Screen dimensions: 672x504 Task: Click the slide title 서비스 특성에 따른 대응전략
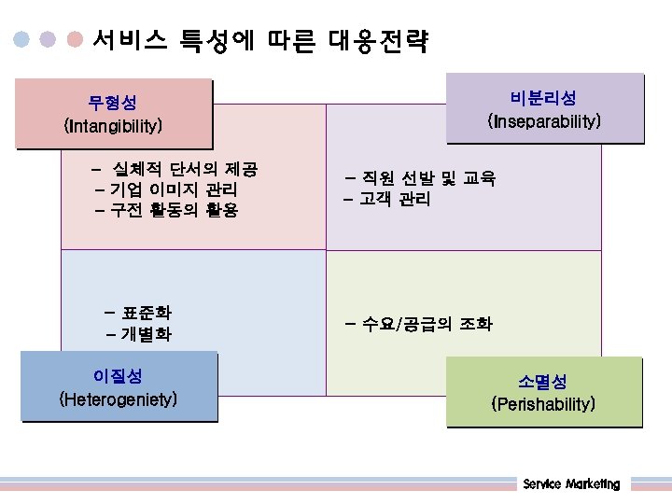pos(260,40)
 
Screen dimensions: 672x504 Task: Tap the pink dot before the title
pos(77,40)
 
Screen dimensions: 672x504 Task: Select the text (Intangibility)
pos(113,124)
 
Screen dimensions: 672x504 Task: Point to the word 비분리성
pos(544,98)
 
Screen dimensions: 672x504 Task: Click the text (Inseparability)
pos(544,121)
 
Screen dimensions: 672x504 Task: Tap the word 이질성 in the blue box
pos(119,376)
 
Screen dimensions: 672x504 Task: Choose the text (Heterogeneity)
pos(119,399)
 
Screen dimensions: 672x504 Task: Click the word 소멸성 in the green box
pos(543,382)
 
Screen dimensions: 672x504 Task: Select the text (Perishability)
pos(543,404)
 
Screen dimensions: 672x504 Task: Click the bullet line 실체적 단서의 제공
pos(184,170)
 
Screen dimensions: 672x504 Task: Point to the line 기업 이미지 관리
pos(175,190)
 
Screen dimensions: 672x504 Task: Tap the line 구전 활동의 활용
pos(175,211)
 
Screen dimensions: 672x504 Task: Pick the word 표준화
pos(147,313)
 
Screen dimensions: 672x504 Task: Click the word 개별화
pos(147,334)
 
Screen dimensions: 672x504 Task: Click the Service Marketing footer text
pos(571,483)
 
